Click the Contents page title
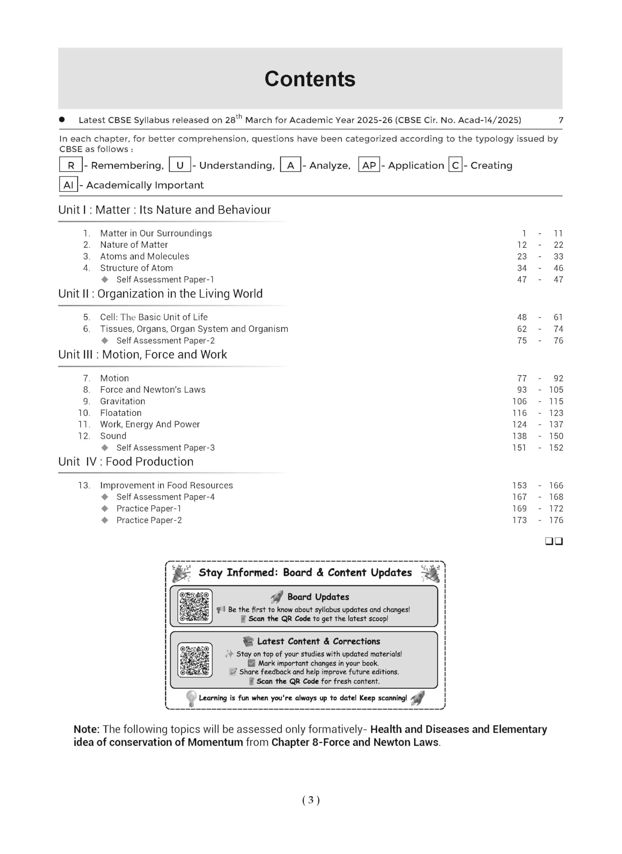pos(310,79)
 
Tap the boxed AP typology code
pos(369,165)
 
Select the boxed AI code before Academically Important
pos(68,185)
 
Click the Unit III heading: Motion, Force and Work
pos(143,354)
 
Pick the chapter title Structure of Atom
pos(137,268)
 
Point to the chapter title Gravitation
pos(123,401)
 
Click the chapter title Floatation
pos(121,413)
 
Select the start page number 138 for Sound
pos(519,436)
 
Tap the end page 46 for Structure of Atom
pos(558,268)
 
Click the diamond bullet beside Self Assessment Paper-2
pos(105,340)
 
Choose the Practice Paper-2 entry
pos(149,520)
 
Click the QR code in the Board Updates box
pos(194,606)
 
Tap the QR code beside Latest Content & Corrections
pos(194,661)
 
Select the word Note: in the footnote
pos(86,729)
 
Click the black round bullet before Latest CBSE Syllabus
pos(62,120)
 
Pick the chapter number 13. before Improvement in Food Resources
pos(84,485)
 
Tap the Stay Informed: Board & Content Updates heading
pos(305,573)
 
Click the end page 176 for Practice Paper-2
pos(556,520)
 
